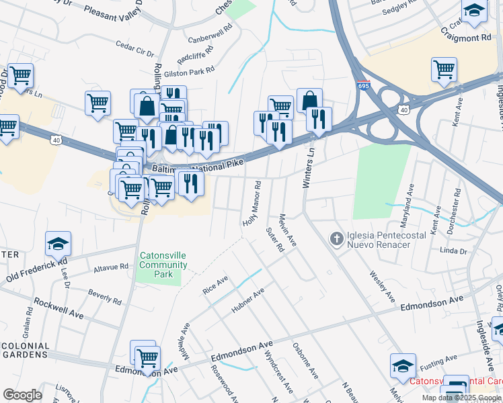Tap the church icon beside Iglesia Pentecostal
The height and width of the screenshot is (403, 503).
(x=336, y=238)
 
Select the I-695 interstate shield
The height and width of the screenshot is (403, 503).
(x=363, y=86)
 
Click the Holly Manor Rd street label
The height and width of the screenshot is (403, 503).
(x=251, y=203)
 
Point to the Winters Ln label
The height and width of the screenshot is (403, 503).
(x=309, y=168)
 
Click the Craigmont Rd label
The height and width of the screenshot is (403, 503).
(x=466, y=38)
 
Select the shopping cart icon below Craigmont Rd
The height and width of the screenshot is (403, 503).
(x=444, y=69)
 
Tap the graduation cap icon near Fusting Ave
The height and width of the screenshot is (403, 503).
(x=403, y=366)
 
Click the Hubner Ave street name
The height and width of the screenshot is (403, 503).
(x=248, y=300)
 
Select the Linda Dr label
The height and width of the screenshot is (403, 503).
(x=453, y=251)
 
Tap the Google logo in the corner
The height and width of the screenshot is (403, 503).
(x=22, y=394)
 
